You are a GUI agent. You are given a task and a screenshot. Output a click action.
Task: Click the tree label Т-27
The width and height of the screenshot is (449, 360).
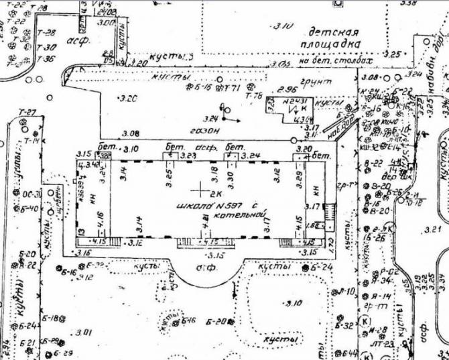pyautogui.click(x=27, y=112)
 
